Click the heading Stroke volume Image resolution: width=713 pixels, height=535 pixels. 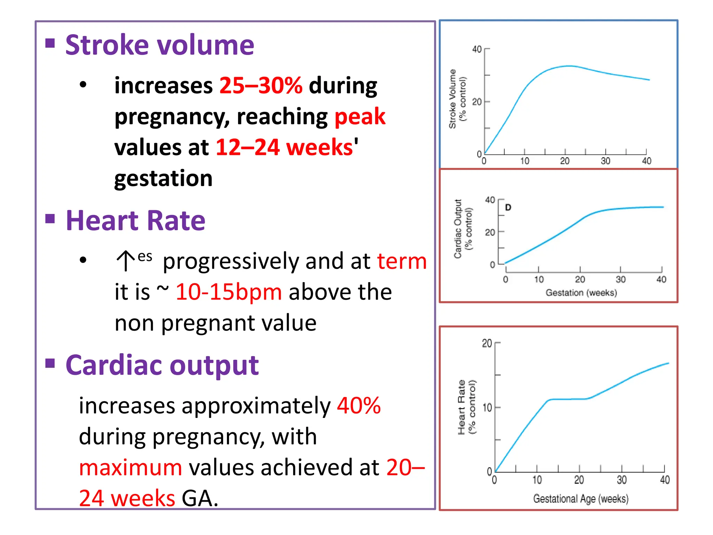click(159, 45)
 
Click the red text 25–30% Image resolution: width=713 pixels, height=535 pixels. click(260, 86)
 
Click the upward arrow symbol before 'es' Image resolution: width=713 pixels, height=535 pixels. click(125, 261)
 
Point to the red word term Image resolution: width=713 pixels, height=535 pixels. click(402, 261)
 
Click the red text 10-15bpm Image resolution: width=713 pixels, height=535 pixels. click(228, 292)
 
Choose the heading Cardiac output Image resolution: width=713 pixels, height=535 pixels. click(162, 365)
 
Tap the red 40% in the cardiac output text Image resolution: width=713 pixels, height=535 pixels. click(359, 406)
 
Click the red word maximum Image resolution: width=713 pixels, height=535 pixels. click(131, 467)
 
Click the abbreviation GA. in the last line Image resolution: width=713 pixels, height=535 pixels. click(200, 498)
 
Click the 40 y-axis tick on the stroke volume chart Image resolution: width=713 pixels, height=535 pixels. click(477, 49)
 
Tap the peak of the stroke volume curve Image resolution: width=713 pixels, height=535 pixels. click(569, 66)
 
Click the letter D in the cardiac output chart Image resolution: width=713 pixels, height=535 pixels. click(508, 208)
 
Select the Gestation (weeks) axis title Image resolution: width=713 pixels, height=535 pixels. click(581, 293)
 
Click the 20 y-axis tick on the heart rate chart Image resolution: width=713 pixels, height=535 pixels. click(487, 344)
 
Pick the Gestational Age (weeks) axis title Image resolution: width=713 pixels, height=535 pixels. click(581, 499)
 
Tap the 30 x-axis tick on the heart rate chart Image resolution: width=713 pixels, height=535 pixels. click(621, 480)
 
